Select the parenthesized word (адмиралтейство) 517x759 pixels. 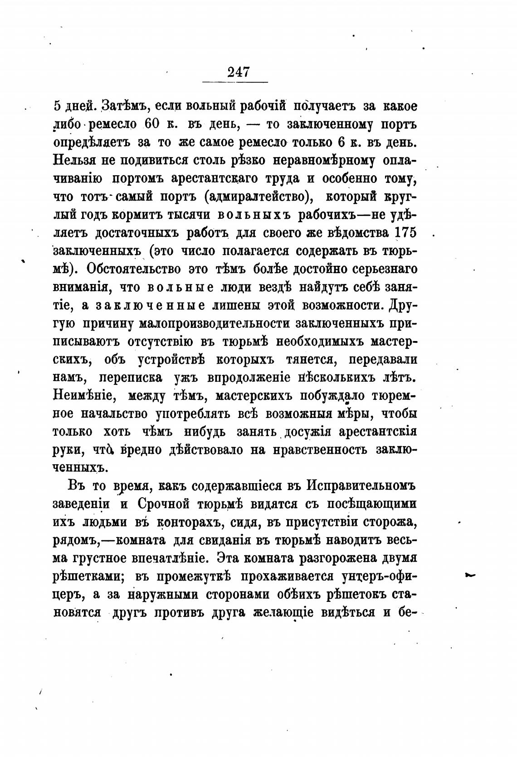pyautogui.click(x=258, y=197)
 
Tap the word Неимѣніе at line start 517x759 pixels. pyautogui.click(x=83, y=396)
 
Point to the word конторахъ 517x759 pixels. pyautogui.click(x=188, y=522)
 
